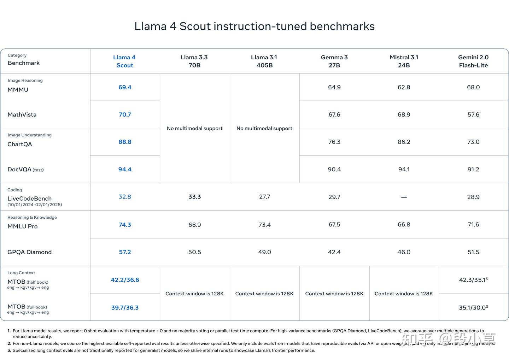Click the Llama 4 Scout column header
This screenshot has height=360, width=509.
click(124, 61)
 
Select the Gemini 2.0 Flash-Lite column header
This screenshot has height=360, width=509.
click(473, 61)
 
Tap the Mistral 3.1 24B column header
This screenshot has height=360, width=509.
click(404, 61)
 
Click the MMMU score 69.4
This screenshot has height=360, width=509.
click(125, 87)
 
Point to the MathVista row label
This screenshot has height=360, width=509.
click(22, 114)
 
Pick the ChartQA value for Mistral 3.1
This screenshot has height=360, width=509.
click(404, 142)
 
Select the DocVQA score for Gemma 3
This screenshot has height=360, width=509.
click(334, 169)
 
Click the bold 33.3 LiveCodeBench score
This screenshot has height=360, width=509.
click(194, 197)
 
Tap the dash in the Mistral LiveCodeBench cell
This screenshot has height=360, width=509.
click(404, 197)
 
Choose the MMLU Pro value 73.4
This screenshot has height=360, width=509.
click(264, 225)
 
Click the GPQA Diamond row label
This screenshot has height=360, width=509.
click(30, 252)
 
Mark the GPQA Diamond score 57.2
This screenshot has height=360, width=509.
click(125, 252)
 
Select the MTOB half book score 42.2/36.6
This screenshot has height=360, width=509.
click(125, 280)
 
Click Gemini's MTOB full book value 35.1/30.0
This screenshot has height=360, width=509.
click(473, 308)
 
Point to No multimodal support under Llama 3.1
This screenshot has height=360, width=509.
click(264, 128)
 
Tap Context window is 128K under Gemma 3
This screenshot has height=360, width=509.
click(334, 294)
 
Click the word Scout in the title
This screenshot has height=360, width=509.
click(195, 26)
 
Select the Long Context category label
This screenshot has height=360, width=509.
click(21, 273)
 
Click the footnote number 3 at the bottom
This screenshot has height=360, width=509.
click(9, 350)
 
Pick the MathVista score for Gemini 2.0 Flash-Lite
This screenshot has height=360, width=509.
click(473, 114)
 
